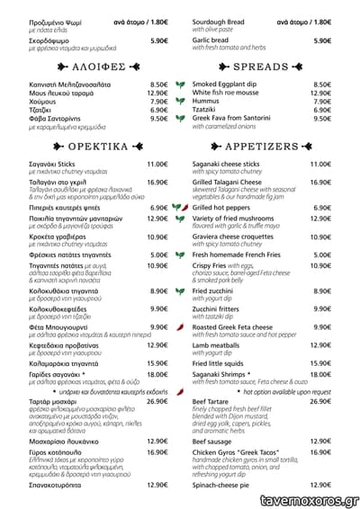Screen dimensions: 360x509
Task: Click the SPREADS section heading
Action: (260, 67)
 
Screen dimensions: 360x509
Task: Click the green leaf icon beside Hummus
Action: (181, 102)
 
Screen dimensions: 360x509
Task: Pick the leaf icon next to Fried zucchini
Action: (181, 291)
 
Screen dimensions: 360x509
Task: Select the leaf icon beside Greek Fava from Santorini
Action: (181, 119)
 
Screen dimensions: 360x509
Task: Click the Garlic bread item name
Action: (211, 40)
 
